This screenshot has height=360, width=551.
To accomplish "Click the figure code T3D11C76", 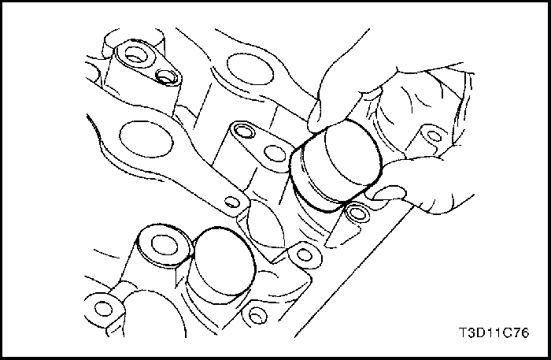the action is (x=494, y=332).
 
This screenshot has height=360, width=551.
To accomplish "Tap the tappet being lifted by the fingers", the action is (x=335, y=166).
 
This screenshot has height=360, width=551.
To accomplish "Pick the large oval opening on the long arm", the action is (x=146, y=139).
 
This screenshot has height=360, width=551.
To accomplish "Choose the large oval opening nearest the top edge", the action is (x=250, y=69).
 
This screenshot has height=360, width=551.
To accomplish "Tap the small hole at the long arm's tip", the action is (x=231, y=202).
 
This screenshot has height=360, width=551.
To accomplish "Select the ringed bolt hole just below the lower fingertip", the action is (x=356, y=213).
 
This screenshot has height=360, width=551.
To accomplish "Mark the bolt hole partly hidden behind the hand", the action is (x=434, y=135).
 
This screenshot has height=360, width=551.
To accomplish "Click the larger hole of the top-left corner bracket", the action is (x=135, y=54).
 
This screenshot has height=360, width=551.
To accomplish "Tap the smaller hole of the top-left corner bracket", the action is (x=165, y=76).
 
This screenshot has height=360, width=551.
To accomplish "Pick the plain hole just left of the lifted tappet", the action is (x=275, y=154).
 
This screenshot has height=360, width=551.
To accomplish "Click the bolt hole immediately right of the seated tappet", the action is (x=305, y=255).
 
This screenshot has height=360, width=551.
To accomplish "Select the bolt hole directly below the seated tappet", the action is (x=257, y=314).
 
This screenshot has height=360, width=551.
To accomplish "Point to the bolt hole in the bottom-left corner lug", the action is (x=103, y=309).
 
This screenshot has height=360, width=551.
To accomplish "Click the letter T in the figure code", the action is (x=464, y=332).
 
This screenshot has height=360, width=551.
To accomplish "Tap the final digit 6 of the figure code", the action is (x=525, y=332).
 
